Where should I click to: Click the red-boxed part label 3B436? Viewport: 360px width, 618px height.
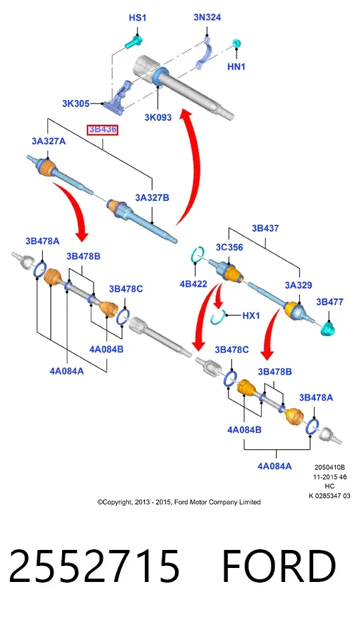[102, 129]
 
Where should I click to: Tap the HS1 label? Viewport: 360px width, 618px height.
[138, 18]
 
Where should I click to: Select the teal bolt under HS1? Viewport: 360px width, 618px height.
[134, 42]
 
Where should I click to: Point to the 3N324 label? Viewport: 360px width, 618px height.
[207, 17]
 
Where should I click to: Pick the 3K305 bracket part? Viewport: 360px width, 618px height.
[118, 97]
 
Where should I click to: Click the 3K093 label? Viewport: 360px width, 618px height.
[158, 117]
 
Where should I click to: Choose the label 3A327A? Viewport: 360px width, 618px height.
[49, 141]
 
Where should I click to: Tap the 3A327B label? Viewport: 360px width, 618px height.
[152, 198]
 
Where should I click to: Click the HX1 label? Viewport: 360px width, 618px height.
[251, 315]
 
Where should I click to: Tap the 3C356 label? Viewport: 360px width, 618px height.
[229, 247]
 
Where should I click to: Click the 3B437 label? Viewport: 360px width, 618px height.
[265, 228]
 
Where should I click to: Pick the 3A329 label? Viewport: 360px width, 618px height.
[298, 285]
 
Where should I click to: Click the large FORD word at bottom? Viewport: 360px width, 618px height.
[279, 566]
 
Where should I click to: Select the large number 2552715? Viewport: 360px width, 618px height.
[94, 566]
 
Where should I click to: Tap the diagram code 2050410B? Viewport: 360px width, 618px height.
[330, 467]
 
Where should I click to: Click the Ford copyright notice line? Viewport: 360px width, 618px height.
[179, 502]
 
